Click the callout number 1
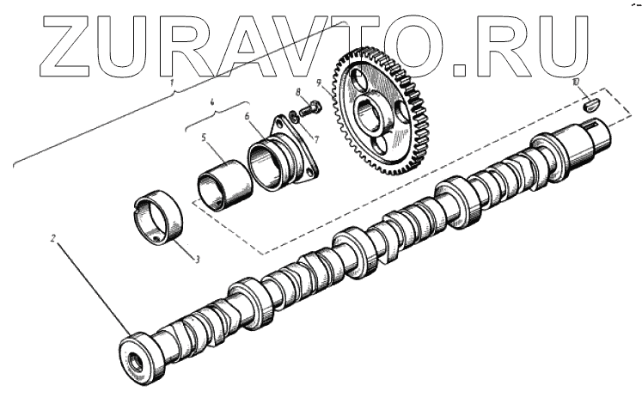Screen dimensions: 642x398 click(x=173, y=83)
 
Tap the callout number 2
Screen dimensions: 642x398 click(x=52, y=237)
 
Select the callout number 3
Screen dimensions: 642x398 click(x=198, y=260)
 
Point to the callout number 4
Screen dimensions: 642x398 click(x=212, y=103)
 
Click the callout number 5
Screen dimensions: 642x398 click(x=204, y=138)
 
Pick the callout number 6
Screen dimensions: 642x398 click(x=247, y=116)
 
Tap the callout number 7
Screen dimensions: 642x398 click(x=315, y=138)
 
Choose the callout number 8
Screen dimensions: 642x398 click(x=298, y=92)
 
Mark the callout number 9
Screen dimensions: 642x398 click(x=319, y=83)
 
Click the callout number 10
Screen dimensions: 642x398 click(x=577, y=83)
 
